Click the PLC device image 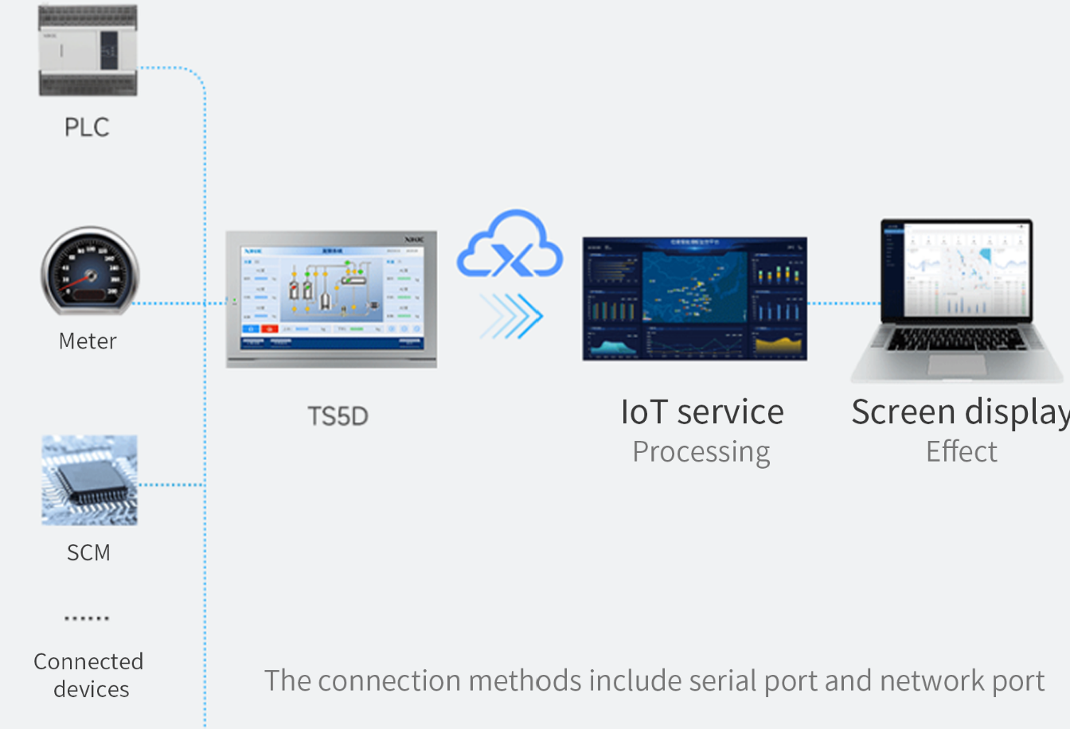coord(88,49)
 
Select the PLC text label coord(87,127)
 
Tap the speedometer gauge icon coord(89,271)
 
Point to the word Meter coord(88,341)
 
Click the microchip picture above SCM coord(89,480)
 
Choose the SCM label coord(88,552)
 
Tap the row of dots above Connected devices coord(87,618)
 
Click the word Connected coord(88,661)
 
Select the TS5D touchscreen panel coord(331,298)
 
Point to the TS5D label coord(338,416)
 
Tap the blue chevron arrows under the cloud coord(511,316)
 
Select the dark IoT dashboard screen coord(694,298)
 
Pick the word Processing coord(701,452)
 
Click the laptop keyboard coord(959,340)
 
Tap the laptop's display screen coord(956,271)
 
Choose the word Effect coord(961,452)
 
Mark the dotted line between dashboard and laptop coord(844,303)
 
